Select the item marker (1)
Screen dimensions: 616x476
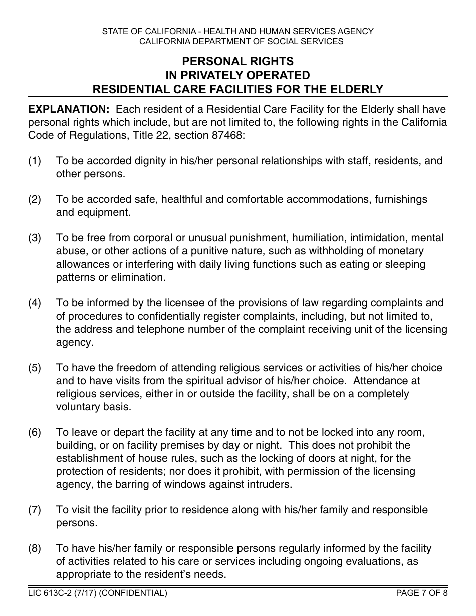(x=35, y=161)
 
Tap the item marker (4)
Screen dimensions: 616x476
(x=35, y=303)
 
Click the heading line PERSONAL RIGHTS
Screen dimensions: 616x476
(x=237, y=61)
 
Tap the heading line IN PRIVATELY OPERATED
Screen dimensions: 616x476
(x=237, y=75)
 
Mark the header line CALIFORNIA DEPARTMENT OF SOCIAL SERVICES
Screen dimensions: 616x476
(x=237, y=41)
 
